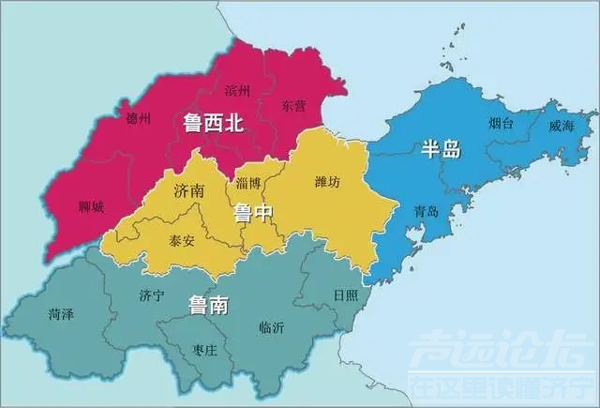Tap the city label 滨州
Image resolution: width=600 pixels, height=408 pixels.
click(x=238, y=91)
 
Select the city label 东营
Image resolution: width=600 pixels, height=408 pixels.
click(x=292, y=106)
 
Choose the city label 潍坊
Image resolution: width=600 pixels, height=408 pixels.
click(x=328, y=180)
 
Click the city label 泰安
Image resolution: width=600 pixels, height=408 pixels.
click(x=182, y=240)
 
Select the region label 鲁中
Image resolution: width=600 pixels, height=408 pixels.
click(x=253, y=213)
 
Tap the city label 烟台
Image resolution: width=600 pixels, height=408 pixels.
click(x=501, y=124)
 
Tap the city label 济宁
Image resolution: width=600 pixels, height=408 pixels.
click(x=151, y=296)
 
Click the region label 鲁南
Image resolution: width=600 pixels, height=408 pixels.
click(x=210, y=304)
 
